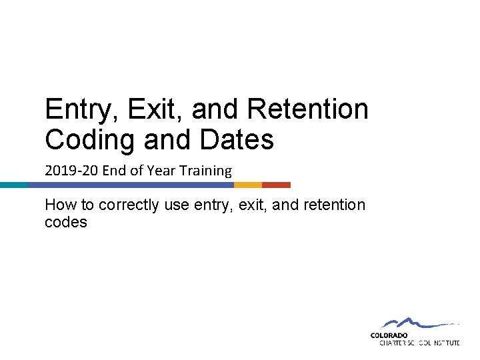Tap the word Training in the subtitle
(x=203, y=171)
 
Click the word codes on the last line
(x=66, y=222)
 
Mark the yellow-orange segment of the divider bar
(x=247, y=185)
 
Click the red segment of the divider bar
(x=276, y=185)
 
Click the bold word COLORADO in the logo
(x=389, y=335)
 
